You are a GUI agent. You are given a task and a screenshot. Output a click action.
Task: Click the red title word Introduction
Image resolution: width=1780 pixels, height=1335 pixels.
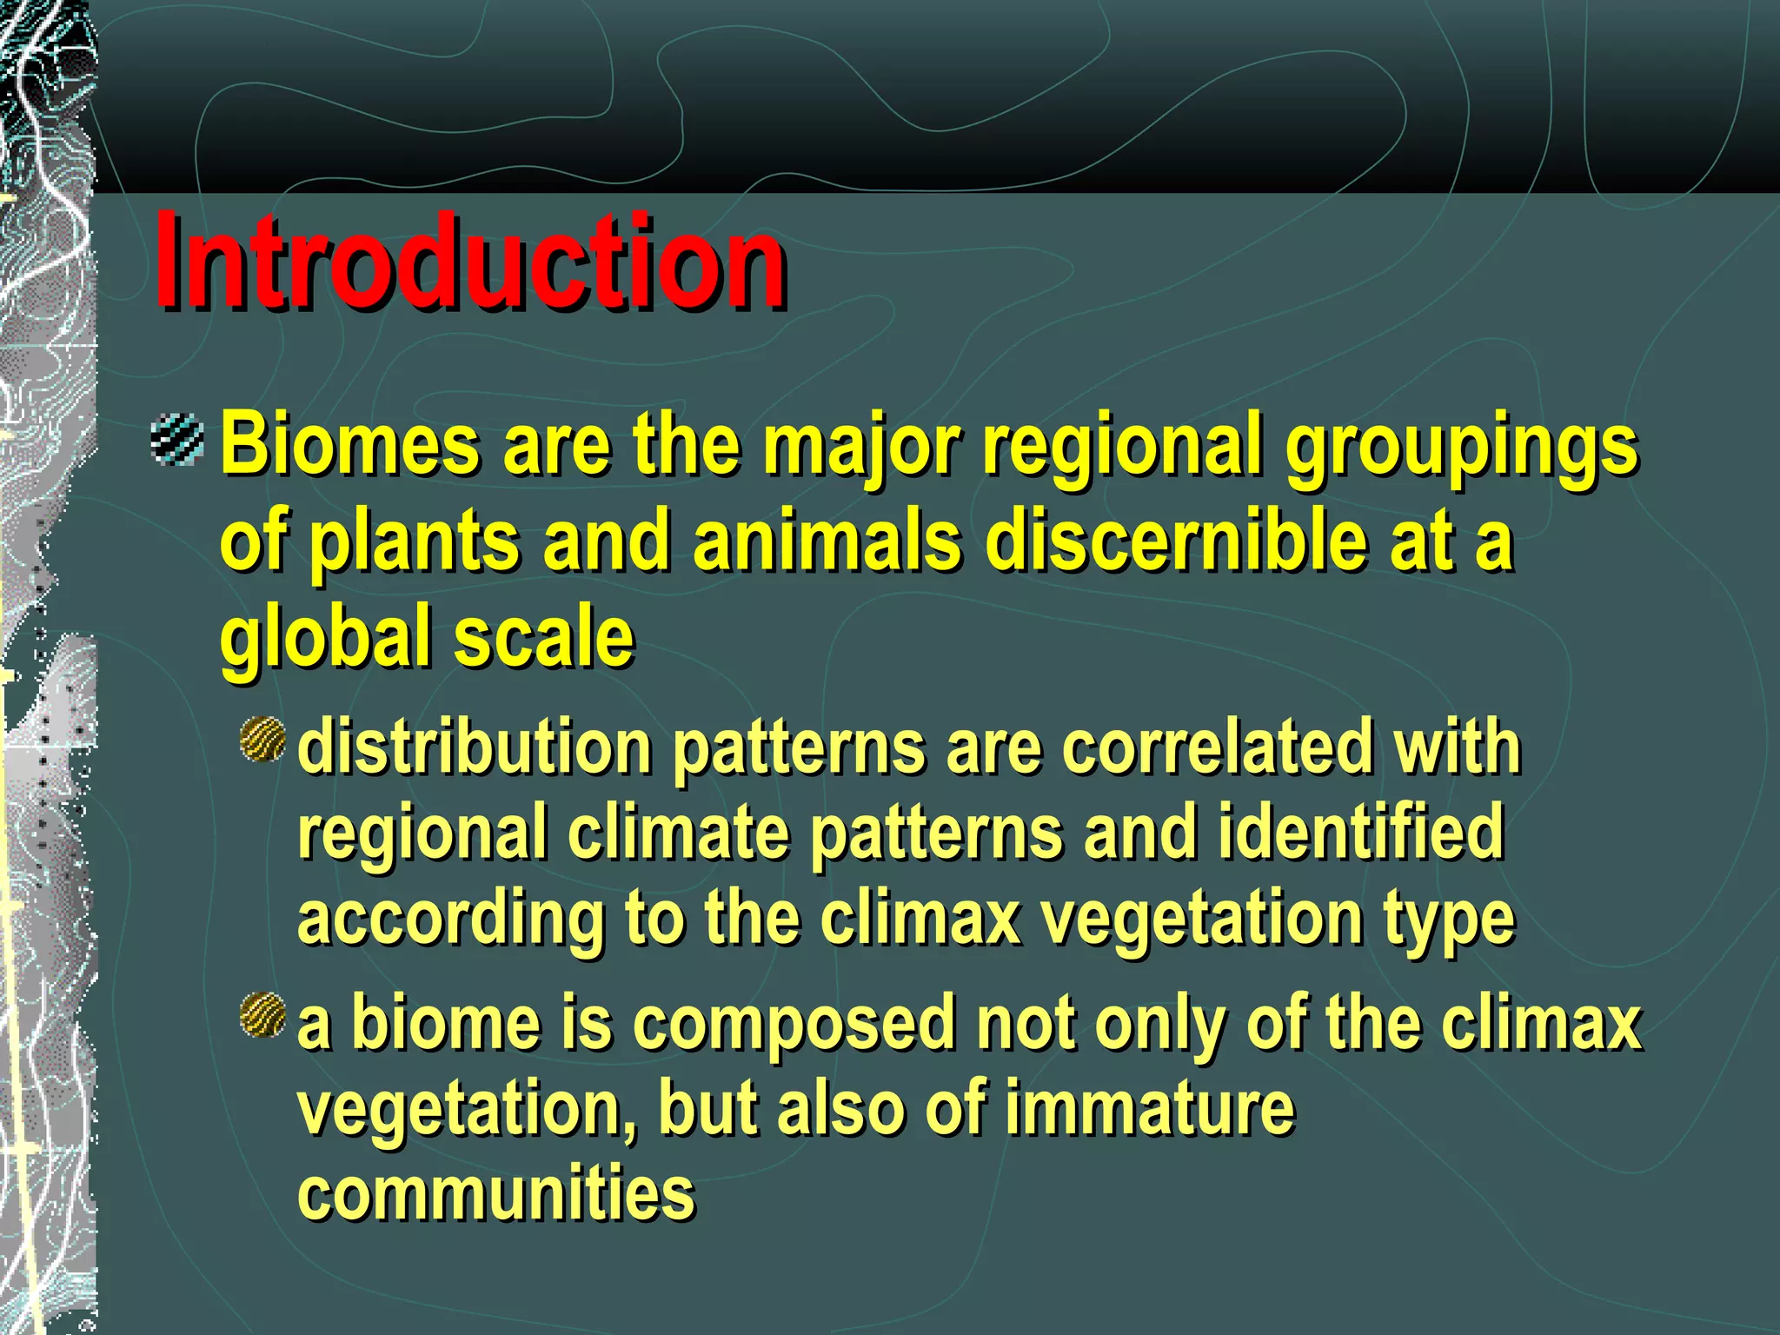coord(470,261)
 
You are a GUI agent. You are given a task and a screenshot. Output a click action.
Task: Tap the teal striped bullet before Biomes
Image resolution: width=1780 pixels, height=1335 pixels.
coord(176,440)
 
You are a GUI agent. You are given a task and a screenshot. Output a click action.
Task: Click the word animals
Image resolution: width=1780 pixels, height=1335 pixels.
coord(827,541)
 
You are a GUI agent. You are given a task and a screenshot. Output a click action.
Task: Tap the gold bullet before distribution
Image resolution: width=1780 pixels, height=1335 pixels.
coord(262,739)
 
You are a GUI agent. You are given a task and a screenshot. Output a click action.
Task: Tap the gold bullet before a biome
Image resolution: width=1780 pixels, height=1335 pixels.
coord(262,1014)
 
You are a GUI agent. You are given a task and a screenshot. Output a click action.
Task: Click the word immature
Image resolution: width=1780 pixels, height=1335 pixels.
coord(1149,1108)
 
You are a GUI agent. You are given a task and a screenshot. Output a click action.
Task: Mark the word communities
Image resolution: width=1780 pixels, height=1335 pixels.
coord(496,1193)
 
